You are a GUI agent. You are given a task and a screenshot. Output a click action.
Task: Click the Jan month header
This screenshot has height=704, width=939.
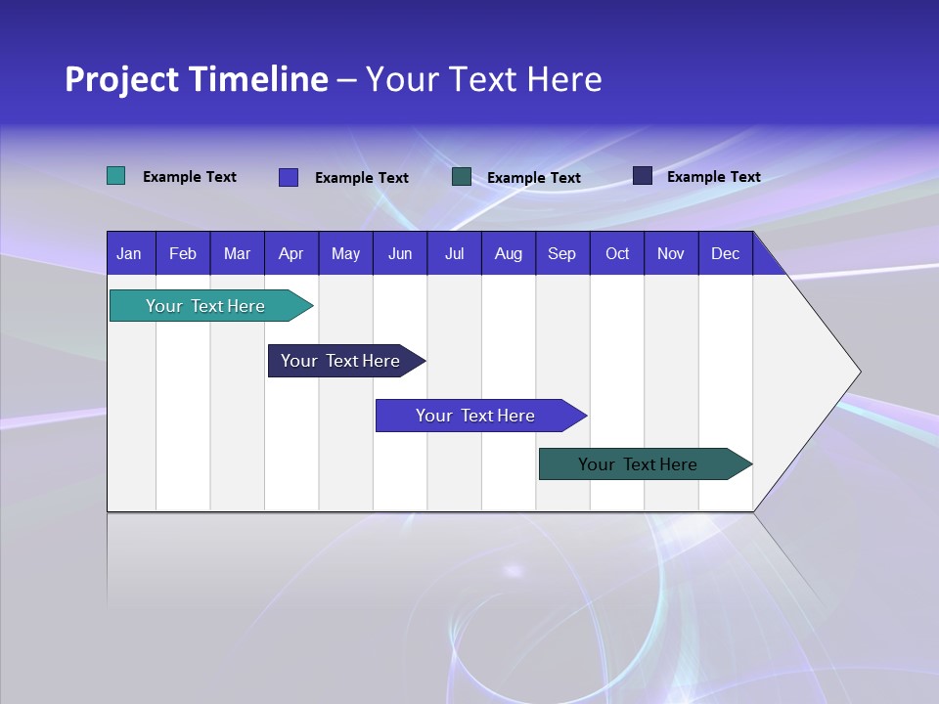click(130, 253)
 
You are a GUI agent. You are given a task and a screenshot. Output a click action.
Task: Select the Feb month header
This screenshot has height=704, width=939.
click(183, 253)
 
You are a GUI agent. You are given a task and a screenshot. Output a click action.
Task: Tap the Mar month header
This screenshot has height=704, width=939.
click(237, 253)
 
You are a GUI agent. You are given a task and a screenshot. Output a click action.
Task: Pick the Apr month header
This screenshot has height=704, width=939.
click(291, 253)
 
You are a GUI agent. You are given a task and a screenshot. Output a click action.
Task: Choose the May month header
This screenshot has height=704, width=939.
click(345, 253)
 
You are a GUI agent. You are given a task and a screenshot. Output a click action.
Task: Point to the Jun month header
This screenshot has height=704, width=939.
click(400, 253)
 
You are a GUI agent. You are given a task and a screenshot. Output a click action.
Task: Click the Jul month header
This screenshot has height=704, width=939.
click(454, 253)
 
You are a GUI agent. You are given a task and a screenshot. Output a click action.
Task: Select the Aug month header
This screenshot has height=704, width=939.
click(509, 253)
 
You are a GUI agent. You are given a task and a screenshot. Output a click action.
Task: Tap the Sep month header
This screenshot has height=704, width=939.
click(562, 253)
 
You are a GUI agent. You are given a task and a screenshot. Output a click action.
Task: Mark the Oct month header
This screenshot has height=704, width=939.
click(617, 253)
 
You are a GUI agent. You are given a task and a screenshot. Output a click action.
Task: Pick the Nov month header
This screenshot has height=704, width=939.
click(671, 253)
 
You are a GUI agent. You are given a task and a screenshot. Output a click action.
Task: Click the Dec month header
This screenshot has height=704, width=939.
click(726, 253)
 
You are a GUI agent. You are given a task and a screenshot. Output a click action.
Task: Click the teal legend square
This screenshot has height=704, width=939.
click(115, 176)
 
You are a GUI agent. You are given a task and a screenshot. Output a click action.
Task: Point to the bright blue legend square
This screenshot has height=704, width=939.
click(289, 177)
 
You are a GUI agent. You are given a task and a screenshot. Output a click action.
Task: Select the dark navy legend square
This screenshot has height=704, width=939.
click(643, 176)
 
